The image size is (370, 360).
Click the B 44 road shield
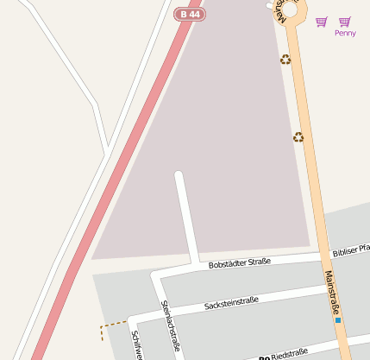click(x=190, y=15)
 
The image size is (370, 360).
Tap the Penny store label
click(x=345, y=33)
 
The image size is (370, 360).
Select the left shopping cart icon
click(x=322, y=22)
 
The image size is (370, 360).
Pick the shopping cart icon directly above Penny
click(x=345, y=22)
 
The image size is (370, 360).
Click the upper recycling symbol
click(x=285, y=60)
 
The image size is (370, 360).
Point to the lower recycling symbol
click(x=298, y=136)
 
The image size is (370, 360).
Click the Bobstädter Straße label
click(x=240, y=262)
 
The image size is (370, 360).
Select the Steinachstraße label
click(x=170, y=325)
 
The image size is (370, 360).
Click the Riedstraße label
click(x=289, y=354)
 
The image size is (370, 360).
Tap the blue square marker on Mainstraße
click(x=338, y=320)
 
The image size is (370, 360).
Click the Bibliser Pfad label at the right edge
click(x=351, y=252)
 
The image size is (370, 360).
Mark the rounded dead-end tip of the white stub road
click(x=179, y=176)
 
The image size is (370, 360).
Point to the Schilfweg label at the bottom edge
click(x=135, y=345)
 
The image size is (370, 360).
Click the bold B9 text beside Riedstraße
click(x=264, y=357)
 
